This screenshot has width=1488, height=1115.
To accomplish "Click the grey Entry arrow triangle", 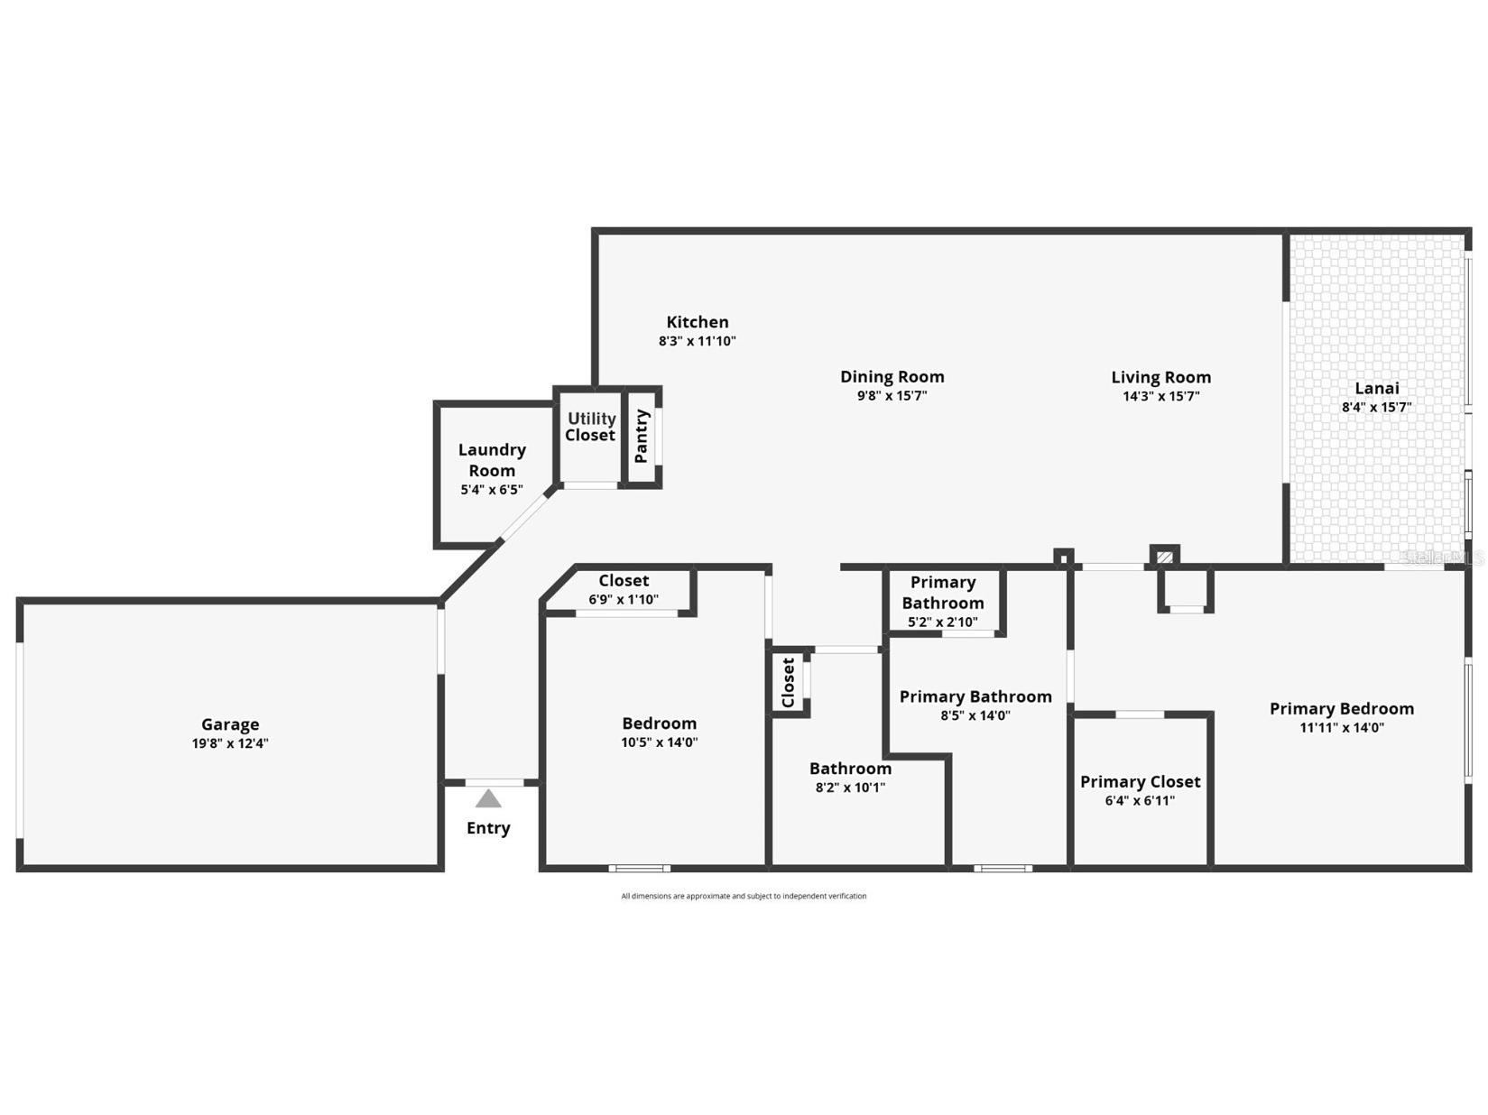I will click(488, 798).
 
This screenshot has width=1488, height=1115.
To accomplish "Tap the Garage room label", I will click(230, 724).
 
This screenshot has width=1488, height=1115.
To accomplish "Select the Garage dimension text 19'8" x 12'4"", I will click(230, 743).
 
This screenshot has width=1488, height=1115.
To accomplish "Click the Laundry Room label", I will click(492, 460).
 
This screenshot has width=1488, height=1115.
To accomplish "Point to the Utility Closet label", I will click(591, 427).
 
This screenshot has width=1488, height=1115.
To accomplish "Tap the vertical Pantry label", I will click(642, 436).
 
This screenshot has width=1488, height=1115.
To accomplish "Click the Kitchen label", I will click(698, 322).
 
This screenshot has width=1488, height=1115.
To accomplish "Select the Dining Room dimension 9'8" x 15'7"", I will click(892, 396).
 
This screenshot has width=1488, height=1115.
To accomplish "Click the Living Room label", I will click(1160, 377).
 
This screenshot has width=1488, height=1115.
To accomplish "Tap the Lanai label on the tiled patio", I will click(1377, 388).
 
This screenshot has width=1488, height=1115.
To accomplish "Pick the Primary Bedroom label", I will click(1342, 708).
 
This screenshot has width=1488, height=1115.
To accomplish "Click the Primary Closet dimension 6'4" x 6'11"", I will click(1140, 800).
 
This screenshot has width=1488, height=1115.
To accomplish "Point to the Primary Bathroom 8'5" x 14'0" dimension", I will click(975, 715).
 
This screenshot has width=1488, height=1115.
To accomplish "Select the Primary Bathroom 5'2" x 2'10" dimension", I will click(943, 622).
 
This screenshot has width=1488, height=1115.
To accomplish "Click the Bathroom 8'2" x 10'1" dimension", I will click(850, 788).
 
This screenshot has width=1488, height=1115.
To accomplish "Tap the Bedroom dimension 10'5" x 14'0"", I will click(660, 742).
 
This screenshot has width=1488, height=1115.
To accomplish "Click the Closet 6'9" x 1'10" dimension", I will click(624, 599).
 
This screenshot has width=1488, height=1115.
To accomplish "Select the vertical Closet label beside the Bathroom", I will click(788, 682).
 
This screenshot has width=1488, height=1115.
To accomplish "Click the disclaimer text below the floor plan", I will click(744, 896).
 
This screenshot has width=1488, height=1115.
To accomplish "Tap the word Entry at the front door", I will click(488, 828).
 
